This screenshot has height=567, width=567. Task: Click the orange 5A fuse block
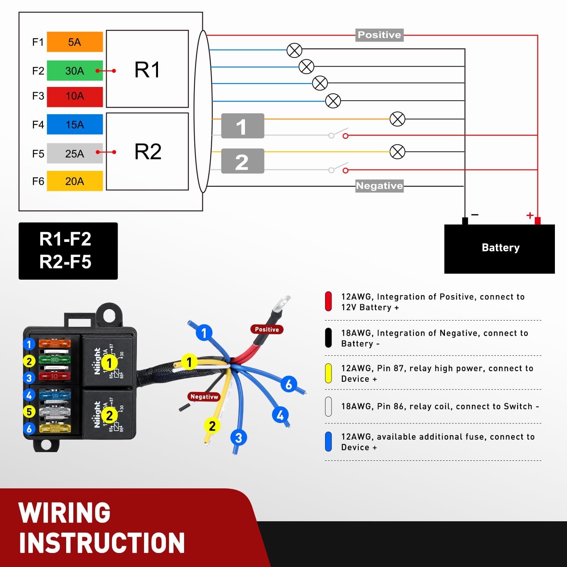pos(75,42)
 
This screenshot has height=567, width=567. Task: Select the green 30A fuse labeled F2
pos(75,71)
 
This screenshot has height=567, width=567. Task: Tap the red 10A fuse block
pos(75,97)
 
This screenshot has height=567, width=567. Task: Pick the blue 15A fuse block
pos(75,124)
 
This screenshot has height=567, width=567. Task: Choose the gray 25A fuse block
pos(75,153)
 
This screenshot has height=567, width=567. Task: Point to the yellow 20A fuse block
pos(75,181)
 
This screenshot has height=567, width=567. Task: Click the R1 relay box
pos(147,69)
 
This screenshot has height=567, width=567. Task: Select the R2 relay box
pos(147,151)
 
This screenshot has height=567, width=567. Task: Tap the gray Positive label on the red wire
pos(380,35)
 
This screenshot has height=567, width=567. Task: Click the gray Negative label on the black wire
pos(380,186)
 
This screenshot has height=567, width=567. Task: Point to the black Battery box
pos(499,249)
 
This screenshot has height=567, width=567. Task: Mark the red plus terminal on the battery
pos(538,220)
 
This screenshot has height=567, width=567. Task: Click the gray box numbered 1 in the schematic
pos(243,126)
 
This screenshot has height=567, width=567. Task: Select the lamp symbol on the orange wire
pos(397,119)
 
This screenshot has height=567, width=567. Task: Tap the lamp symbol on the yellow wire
pos(397,152)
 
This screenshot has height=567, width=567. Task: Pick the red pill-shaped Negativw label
pos(204,397)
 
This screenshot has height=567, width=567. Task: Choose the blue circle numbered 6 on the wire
pos(288,384)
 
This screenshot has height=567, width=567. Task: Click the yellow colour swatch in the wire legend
pos(328,373)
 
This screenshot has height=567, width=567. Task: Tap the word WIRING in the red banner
pos(64,513)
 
